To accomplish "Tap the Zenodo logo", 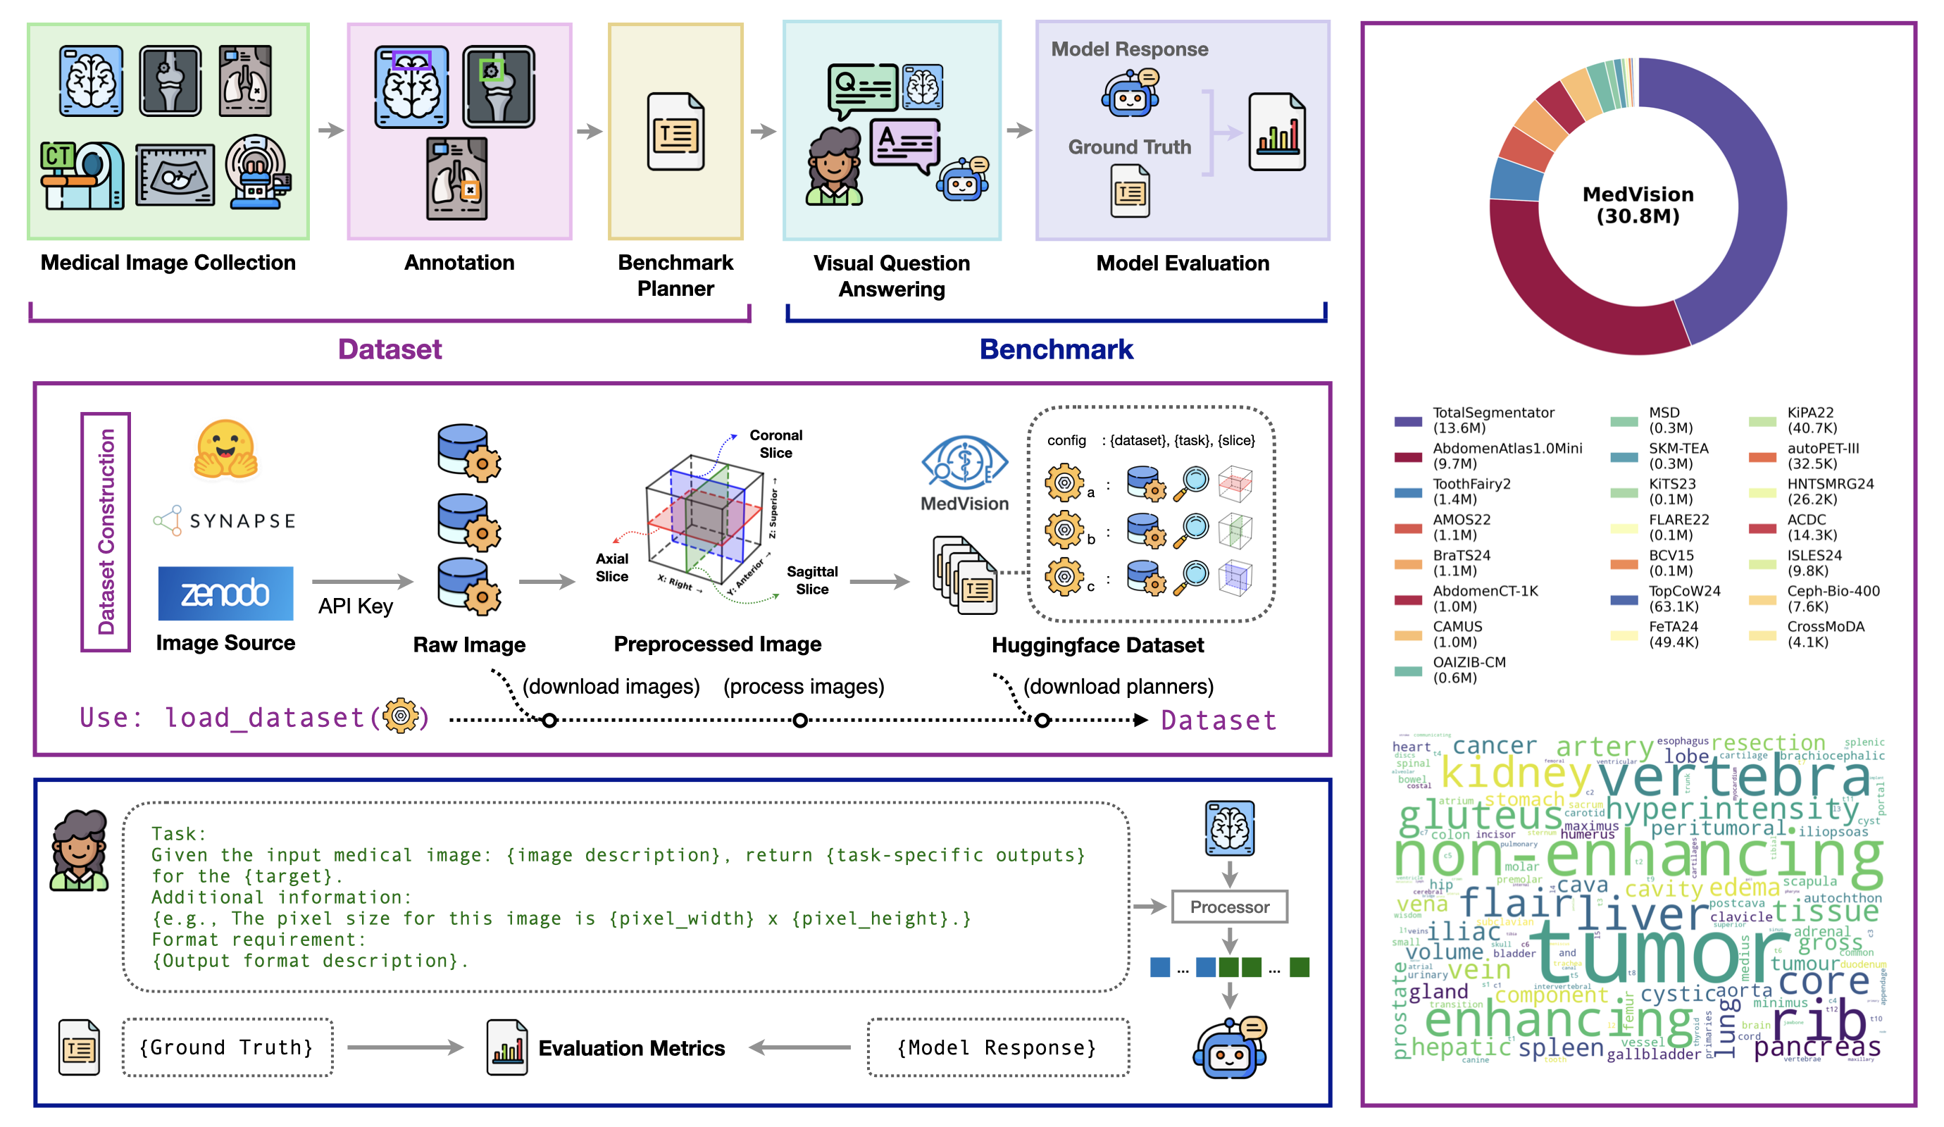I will coord(225,593).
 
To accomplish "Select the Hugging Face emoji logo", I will coord(225,449).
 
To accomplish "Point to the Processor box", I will coord(1229,907).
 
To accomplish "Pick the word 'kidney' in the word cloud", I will coord(1515,771).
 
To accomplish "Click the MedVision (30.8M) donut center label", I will coord(1638,205).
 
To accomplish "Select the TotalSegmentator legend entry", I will coord(1493,421).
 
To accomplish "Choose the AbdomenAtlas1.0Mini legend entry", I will coord(1506,456).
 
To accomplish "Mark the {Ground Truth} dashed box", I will coord(227,1047).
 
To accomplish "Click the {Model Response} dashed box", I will coord(997,1047).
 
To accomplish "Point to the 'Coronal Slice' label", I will coord(775,444).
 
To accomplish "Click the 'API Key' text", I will coord(356,606).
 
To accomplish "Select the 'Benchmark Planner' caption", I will coord(675,275).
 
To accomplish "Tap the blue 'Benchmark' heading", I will coord(1056,349).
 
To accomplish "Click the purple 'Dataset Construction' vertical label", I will coord(106,533).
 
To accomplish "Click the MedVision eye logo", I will coord(964,463).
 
